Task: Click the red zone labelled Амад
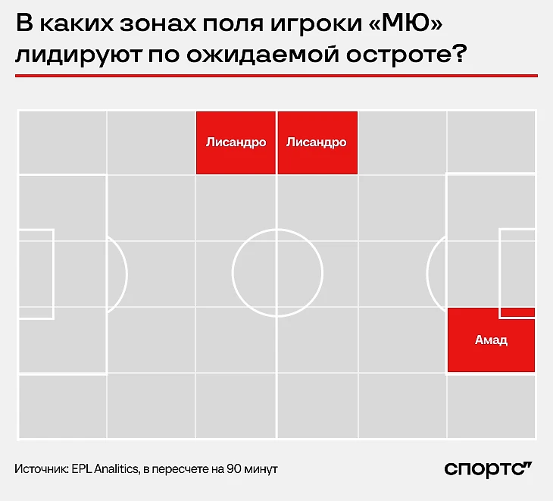(x=491, y=340)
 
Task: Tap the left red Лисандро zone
(x=236, y=142)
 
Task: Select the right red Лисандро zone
(x=317, y=142)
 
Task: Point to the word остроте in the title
(x=406, y=55)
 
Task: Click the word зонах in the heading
(x=158, y=23)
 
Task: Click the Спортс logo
(x=488, y=469)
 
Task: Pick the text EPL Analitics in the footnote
(x=105, y=469)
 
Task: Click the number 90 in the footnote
(x=233, y=469)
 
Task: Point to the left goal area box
(x=53, y=274)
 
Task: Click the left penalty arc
(x=127, y=274)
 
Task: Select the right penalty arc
(x=427, y=274)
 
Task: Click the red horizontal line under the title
(x=276, y=76)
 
